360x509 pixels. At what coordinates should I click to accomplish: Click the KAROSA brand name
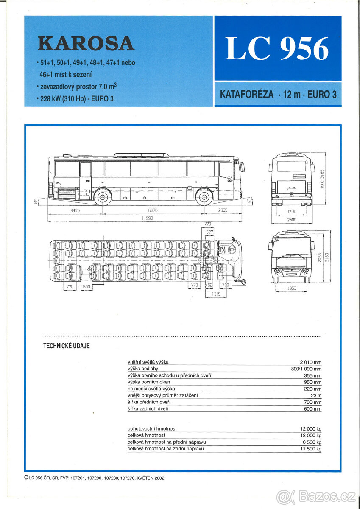pos(86,44)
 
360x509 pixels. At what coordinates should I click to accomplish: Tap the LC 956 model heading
pos(277,49)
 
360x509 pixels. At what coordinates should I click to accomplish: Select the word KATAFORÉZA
pos(247,94)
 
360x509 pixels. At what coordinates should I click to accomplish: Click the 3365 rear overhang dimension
pos(75,210)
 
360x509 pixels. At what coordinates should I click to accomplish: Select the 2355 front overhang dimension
pos(222,210)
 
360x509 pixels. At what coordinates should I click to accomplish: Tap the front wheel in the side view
pos(204,197)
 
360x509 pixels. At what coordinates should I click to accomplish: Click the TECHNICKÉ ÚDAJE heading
pos(67,346)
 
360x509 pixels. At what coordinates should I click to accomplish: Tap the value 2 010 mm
pos(310,362)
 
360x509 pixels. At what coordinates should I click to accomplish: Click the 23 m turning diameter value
pos(316,395)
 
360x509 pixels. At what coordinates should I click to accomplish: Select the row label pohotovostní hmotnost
pos(152,428)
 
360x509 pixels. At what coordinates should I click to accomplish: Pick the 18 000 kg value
pos(310,435)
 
